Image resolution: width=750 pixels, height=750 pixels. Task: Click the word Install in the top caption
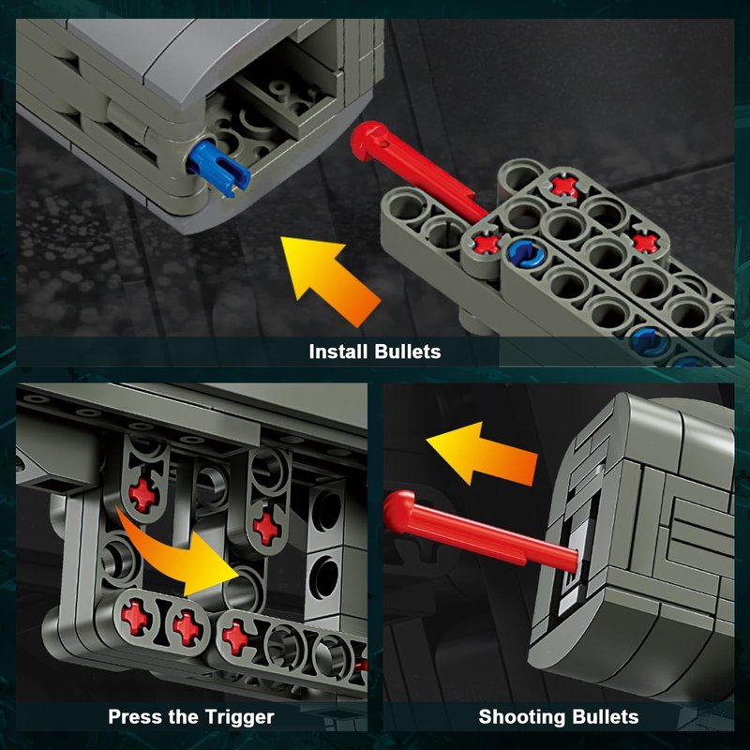coord(339,352)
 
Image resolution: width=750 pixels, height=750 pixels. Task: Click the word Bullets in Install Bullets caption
coord(408,352)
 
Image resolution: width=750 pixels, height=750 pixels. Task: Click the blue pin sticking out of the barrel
coord(218,168)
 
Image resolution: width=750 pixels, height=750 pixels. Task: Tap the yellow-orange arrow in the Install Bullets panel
coord(330,280)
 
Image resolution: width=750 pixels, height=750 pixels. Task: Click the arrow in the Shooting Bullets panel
coord(481,454)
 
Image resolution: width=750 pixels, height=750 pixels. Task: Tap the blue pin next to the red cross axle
coord(525,252)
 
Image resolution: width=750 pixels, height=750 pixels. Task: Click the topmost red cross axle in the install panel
coord(564,186)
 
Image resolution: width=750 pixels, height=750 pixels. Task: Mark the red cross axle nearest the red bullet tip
coord(487,243)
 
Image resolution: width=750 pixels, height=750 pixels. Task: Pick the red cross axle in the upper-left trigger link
coord(142,495)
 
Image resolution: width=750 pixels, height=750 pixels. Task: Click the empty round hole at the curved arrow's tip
coord(244,592)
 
